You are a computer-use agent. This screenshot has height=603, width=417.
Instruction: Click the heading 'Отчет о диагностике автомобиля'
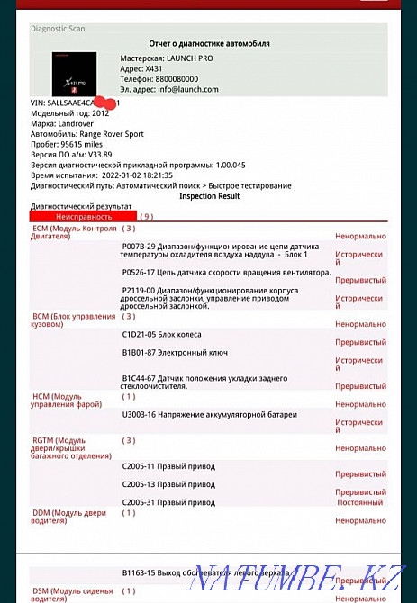pyautogui.click(x=208, y=43)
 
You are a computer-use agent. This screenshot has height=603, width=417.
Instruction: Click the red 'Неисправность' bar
pyautogui.click(x=83, y=217)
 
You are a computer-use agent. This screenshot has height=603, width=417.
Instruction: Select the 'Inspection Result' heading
pyautogui.click(x=209, y=195)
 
